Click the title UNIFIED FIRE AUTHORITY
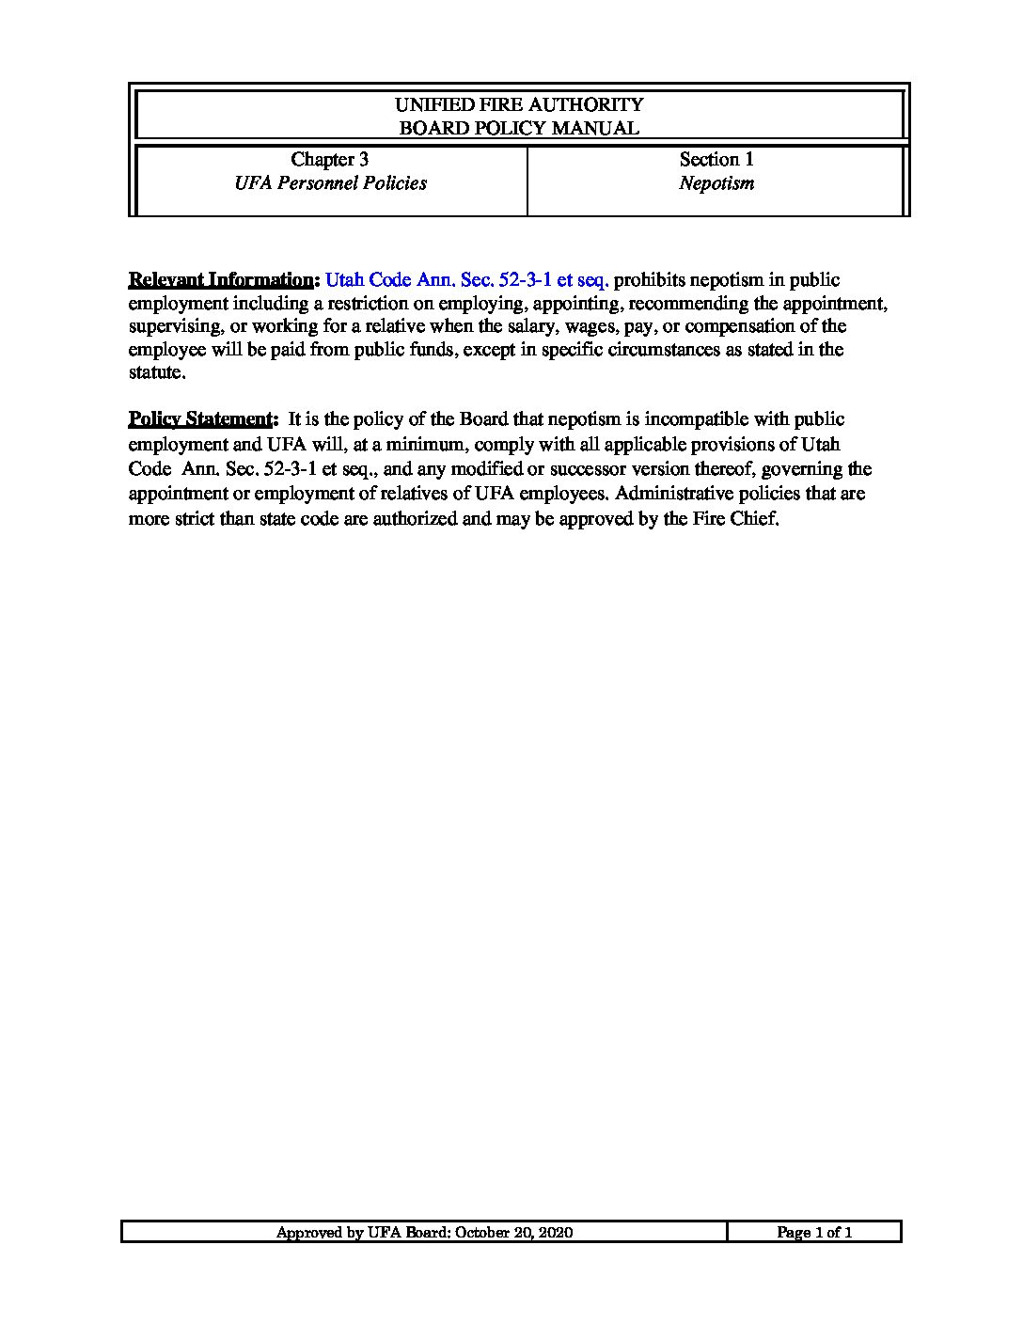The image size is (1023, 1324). point(519,104)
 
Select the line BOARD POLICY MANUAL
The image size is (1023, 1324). point(519,128)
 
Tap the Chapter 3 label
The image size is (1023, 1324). point(329,160)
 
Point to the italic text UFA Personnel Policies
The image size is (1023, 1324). point(330,183)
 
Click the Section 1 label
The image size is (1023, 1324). point(716,160)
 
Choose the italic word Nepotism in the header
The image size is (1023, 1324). point(716,183)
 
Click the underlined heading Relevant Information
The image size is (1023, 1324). point(222,280)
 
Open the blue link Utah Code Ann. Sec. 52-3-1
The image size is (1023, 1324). point(467,280)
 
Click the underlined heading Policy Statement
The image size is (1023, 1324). point(201,419)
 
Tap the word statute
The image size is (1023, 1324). point(157,372)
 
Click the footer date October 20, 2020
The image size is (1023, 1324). point(513,1233)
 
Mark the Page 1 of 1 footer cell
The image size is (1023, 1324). point(814,1233)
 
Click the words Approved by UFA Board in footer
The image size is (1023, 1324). point(362,1233)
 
